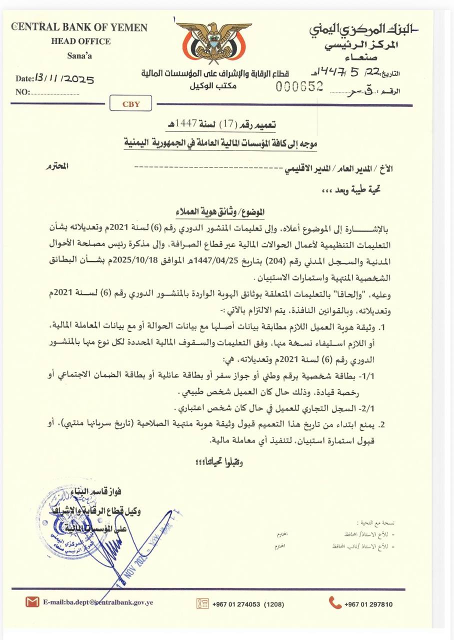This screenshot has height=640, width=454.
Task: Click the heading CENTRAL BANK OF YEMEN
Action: click(80, 27)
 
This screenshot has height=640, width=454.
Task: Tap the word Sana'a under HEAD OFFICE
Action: click(79, 55)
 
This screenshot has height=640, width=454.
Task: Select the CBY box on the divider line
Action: click(131, 104)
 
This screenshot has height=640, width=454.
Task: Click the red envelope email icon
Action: click(32, 602)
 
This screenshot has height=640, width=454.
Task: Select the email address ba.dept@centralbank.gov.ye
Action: click(98, 603)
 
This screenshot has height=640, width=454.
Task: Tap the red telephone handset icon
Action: click(335, 603)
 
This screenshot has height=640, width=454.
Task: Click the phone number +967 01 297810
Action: click(368, 604)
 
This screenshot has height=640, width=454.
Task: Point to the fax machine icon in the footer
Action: click(202, 603)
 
